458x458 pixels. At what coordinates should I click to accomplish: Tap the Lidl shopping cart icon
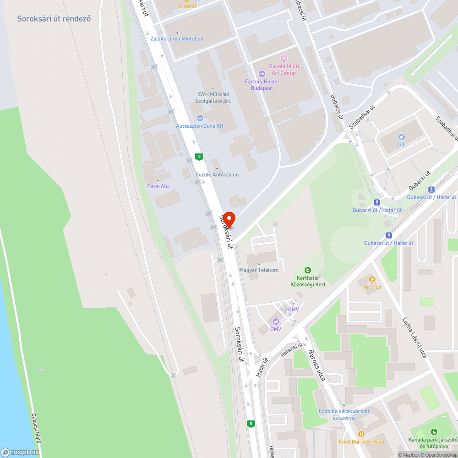402,136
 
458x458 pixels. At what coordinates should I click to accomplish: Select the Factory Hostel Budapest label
262,85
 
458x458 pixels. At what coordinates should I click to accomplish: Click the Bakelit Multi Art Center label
283,70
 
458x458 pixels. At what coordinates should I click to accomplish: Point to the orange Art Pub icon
372,279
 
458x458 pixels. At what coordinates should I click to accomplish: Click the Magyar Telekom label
259,270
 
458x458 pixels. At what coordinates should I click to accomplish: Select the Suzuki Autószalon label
217,174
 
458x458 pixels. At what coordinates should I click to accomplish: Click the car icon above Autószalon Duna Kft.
200,118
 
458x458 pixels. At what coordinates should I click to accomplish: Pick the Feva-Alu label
158,186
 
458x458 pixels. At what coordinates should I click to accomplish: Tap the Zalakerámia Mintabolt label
177,39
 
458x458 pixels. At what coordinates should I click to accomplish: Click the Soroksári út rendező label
54,19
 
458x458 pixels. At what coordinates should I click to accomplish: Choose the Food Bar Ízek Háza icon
361,434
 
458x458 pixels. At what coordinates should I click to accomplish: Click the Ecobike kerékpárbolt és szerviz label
344,414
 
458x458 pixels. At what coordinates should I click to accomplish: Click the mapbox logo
20,452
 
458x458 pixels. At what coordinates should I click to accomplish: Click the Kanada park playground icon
434,431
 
